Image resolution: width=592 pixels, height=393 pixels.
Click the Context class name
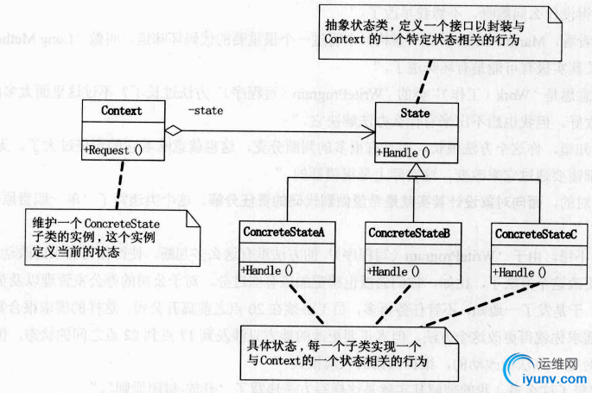[121, 111]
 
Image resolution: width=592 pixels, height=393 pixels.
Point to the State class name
[416, 113]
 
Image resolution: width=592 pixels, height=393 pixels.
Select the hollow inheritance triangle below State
[417, 169]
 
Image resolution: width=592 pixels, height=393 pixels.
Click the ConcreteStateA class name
[283, 233]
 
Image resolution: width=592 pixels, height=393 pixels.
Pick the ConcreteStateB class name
[408, 233]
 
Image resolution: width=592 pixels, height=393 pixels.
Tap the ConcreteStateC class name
[535, 234]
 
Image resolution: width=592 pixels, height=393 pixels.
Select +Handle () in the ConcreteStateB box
[394, 271]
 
